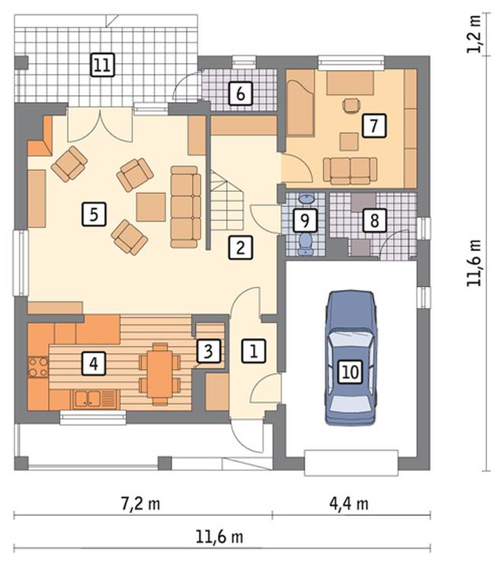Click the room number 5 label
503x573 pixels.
point(94,214)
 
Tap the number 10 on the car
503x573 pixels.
point(351,372)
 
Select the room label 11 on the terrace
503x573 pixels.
point(102,65)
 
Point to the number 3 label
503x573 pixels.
point(208,352)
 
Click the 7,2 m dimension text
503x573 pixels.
point(140,505)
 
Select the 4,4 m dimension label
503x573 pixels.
point(349,505)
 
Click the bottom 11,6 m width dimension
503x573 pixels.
point(219,537)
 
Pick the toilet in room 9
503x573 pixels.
point(305,244)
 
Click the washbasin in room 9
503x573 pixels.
point(306,199)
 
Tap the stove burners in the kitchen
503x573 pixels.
point(38,367)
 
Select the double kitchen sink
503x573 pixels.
point(88,399)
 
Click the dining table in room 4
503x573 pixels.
point(159,374)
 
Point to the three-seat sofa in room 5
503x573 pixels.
point(186,207)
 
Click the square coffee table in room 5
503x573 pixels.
point(151,207)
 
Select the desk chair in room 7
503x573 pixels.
point(351,105)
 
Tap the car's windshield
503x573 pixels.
point(351,338)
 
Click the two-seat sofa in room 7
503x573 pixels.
point(351,170)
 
